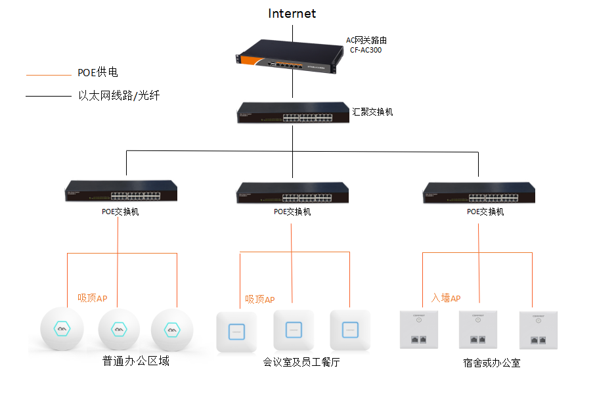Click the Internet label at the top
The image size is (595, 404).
pos(292,14)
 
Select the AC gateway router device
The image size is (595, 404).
pos(289,57)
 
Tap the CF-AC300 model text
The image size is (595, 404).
pos(366,50)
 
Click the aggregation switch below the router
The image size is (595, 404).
pos(293,113)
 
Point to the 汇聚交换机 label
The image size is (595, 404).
pos(372,112)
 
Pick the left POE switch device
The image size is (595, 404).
pos(121,191)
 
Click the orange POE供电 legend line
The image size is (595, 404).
pos(48,74)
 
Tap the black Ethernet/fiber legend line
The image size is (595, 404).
pos(48,97)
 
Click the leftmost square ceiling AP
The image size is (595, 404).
pos(236,331)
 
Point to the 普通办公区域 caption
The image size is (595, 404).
pos(136,361)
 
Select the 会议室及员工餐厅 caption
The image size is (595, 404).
pos(301,362)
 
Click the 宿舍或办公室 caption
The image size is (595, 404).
pos(492,363)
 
